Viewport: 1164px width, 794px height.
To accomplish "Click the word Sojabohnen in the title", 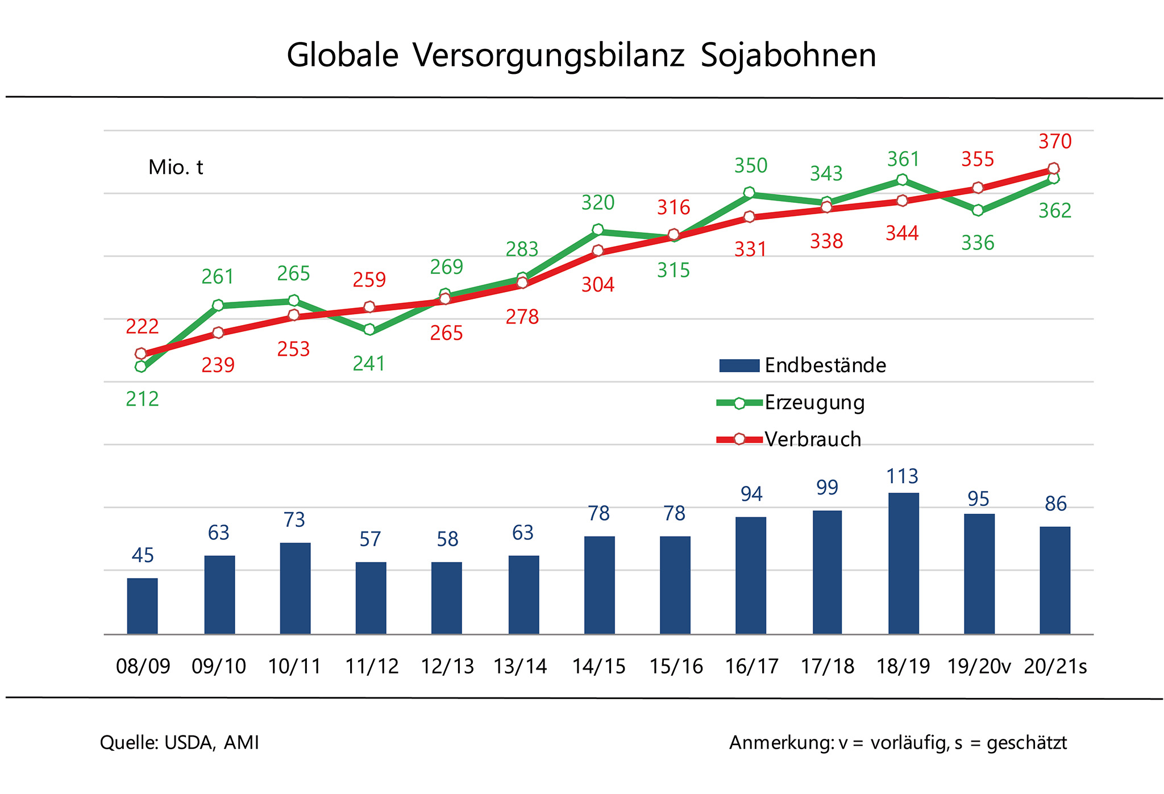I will pyautogui.click(x=788, y=56).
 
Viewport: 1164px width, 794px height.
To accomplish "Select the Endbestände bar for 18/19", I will pyautogui.click(x=903, y=563).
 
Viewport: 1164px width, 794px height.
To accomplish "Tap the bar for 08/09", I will pyautogui.click(x=142, y=605).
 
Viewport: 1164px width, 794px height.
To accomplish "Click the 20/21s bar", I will pyautogui.click(x=1055, y=580).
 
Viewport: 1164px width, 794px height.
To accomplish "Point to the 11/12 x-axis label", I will pyautogui.click(x=372, y=666).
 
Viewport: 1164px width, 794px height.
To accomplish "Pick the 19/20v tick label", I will pyautogui.click(x=979, y=666).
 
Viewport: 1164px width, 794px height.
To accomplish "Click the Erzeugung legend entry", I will pyautogui.click(x=814, y=402).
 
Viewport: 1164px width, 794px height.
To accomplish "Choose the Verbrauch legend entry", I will pyautogui.click(x=812, y=439).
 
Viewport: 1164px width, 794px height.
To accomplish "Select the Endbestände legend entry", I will pyautogui.click(x=825, y=365).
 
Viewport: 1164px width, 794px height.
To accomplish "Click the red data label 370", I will pyautogui.click(x=1055, y=141).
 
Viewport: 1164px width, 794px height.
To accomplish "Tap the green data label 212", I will pyautogui.click(x=142, y=399).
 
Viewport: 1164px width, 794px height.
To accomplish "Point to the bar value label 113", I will pyautogui.click(x=903, y=476).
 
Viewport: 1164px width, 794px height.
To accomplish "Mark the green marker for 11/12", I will pyautogui.click(x=369, y=330).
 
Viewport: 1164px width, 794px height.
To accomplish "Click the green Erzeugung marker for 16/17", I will pyautogui.click(x=749, y=193).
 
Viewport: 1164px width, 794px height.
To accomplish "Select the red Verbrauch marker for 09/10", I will pyautogui.click(x=218, y=332).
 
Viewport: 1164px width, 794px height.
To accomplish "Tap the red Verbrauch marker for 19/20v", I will pyautogui.click(x=978, y=188).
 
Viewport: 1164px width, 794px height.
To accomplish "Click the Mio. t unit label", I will pyautogui.click(x=175, y=167).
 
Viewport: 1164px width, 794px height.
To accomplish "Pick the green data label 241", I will pyautogui.click(x=369, y=363).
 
